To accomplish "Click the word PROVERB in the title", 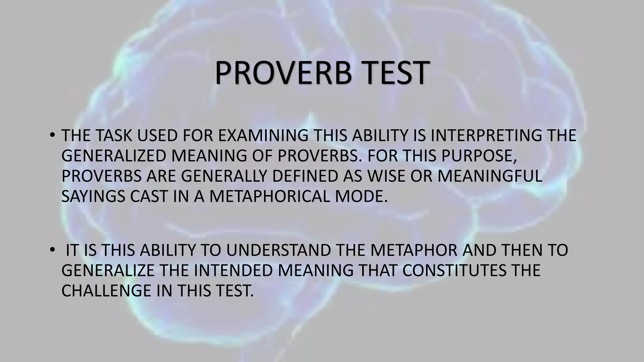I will (283, 73).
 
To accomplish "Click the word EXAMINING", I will (263, 136).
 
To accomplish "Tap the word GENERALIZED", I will (114, 156).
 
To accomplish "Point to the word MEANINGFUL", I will (490, 176).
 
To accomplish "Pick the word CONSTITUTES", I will (455, 271).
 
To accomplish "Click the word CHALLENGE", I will (106, 291).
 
